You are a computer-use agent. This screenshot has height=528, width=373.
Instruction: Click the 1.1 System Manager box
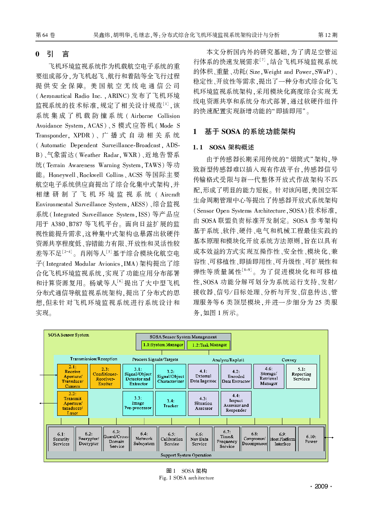point(163,345)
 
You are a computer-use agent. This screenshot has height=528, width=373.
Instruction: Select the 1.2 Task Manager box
point(209,345)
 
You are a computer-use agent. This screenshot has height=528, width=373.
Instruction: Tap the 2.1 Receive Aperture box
point(73,376)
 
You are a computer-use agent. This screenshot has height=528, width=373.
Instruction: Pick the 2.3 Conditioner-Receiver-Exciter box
point(105,376)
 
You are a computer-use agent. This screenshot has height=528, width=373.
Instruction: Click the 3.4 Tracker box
point(171,403)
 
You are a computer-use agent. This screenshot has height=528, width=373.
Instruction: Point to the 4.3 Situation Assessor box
point(203,403)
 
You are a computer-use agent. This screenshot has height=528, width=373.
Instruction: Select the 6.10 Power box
point(311,439)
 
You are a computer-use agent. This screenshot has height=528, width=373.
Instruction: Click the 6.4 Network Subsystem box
point(144,439)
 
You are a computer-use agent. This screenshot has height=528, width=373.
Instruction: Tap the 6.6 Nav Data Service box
point(199,439)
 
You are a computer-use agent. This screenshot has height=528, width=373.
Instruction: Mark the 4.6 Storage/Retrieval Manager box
point(269,376)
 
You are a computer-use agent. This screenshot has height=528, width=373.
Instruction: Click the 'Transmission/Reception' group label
point(94,359)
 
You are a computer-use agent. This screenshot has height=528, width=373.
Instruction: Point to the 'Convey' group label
point(289,360)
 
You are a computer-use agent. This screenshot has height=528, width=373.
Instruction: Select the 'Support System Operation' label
point(186,455)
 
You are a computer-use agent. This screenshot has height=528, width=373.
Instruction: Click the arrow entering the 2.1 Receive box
point(48,375)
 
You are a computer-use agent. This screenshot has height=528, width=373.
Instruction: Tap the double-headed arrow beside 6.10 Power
point(329,438)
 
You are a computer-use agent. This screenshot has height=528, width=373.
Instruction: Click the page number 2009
point(321,486)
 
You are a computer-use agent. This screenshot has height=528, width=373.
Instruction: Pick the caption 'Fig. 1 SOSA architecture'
point(186,478)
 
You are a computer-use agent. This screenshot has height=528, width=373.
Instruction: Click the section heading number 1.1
point(198,147)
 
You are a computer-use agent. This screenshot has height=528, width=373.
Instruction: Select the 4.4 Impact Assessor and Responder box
point(236,403)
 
